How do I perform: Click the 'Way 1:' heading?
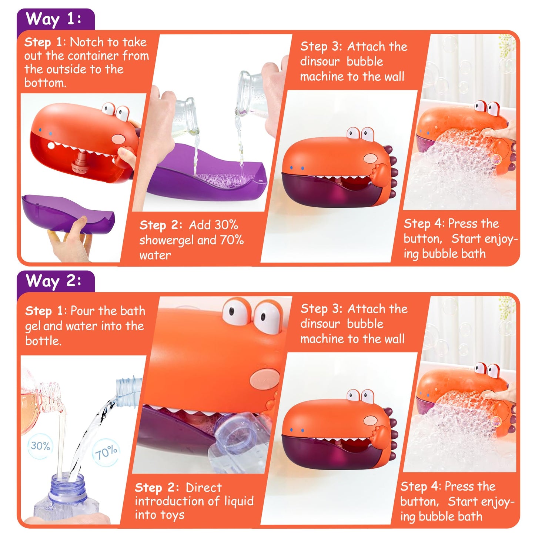[x=53, y=19]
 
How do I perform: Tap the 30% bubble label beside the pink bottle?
[x=40, y=446]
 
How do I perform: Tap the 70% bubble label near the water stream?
[x=106, y=452]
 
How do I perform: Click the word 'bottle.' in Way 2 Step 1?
[x=43, y=340]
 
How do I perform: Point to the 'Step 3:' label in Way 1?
[x=321, y=46]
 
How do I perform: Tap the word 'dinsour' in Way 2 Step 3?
[x=320, y=324]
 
